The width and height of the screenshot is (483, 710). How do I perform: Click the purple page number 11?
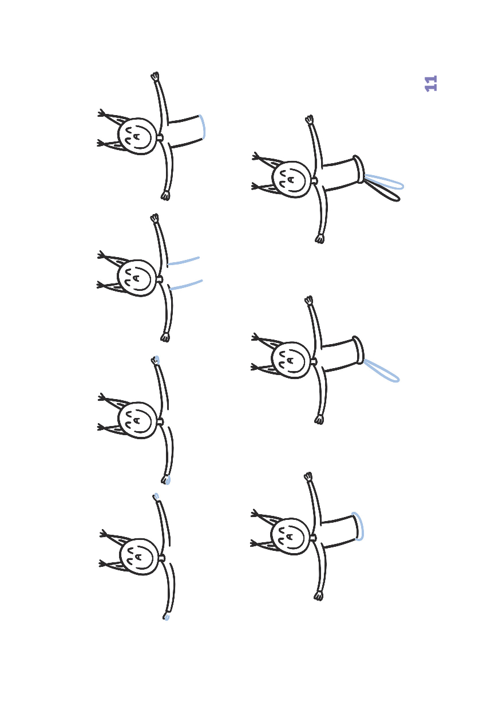click(431, 84)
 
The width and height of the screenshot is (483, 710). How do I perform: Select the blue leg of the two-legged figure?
click(385, 182)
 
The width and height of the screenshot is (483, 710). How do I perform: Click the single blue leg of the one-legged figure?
click(382, 371)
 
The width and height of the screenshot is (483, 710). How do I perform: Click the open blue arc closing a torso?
click(203, 127)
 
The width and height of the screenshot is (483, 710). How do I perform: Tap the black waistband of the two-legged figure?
click(359, 169)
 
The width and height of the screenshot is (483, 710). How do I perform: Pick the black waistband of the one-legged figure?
click(358, 350)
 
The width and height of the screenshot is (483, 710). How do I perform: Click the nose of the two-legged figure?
click(291, 179)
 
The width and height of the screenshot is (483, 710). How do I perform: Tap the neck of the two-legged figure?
click(314, 181)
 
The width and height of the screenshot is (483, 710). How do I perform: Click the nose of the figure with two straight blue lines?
click(136, 278)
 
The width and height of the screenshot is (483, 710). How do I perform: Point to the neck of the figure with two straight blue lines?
click(160, 279)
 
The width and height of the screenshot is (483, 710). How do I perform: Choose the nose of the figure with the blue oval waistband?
click(290, 537)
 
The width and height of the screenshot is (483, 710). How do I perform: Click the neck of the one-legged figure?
click(314, 362)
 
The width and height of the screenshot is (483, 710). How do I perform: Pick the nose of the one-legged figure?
click(291, 360)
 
